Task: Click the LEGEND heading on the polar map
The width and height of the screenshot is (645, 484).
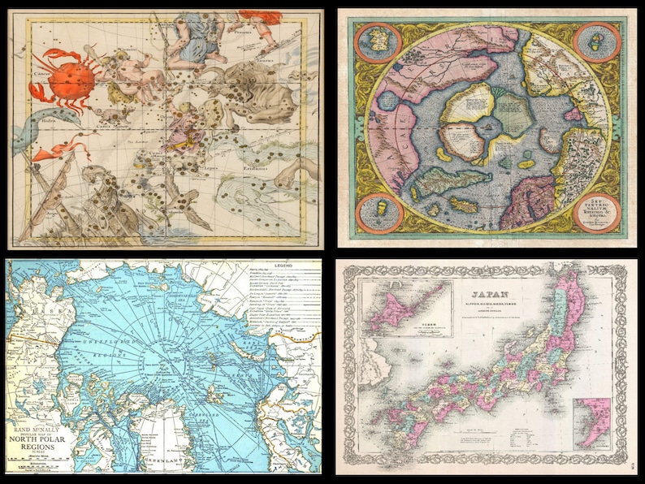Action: [x=285, y=266]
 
